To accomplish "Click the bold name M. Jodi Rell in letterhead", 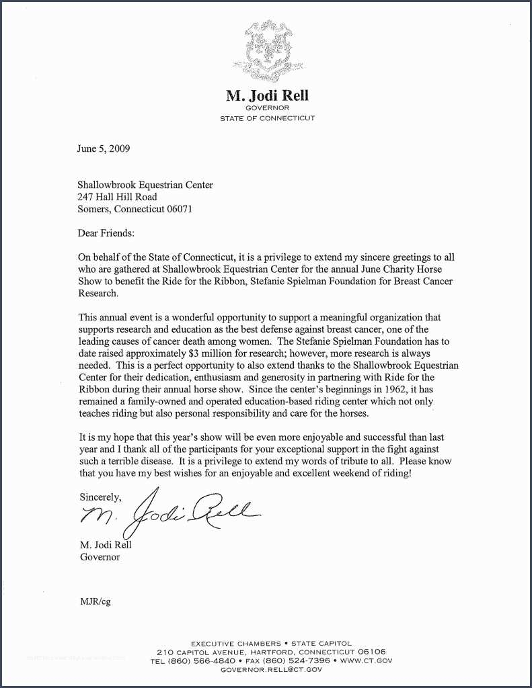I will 267,95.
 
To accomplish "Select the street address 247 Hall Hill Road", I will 118,197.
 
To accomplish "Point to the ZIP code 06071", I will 180,208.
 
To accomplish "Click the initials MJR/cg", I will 96,601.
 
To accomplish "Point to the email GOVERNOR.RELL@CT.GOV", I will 267,669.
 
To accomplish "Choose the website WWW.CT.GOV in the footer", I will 366,660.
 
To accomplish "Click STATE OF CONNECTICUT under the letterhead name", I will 267,118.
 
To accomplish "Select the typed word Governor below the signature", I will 100,557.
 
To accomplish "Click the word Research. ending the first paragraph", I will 98,294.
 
